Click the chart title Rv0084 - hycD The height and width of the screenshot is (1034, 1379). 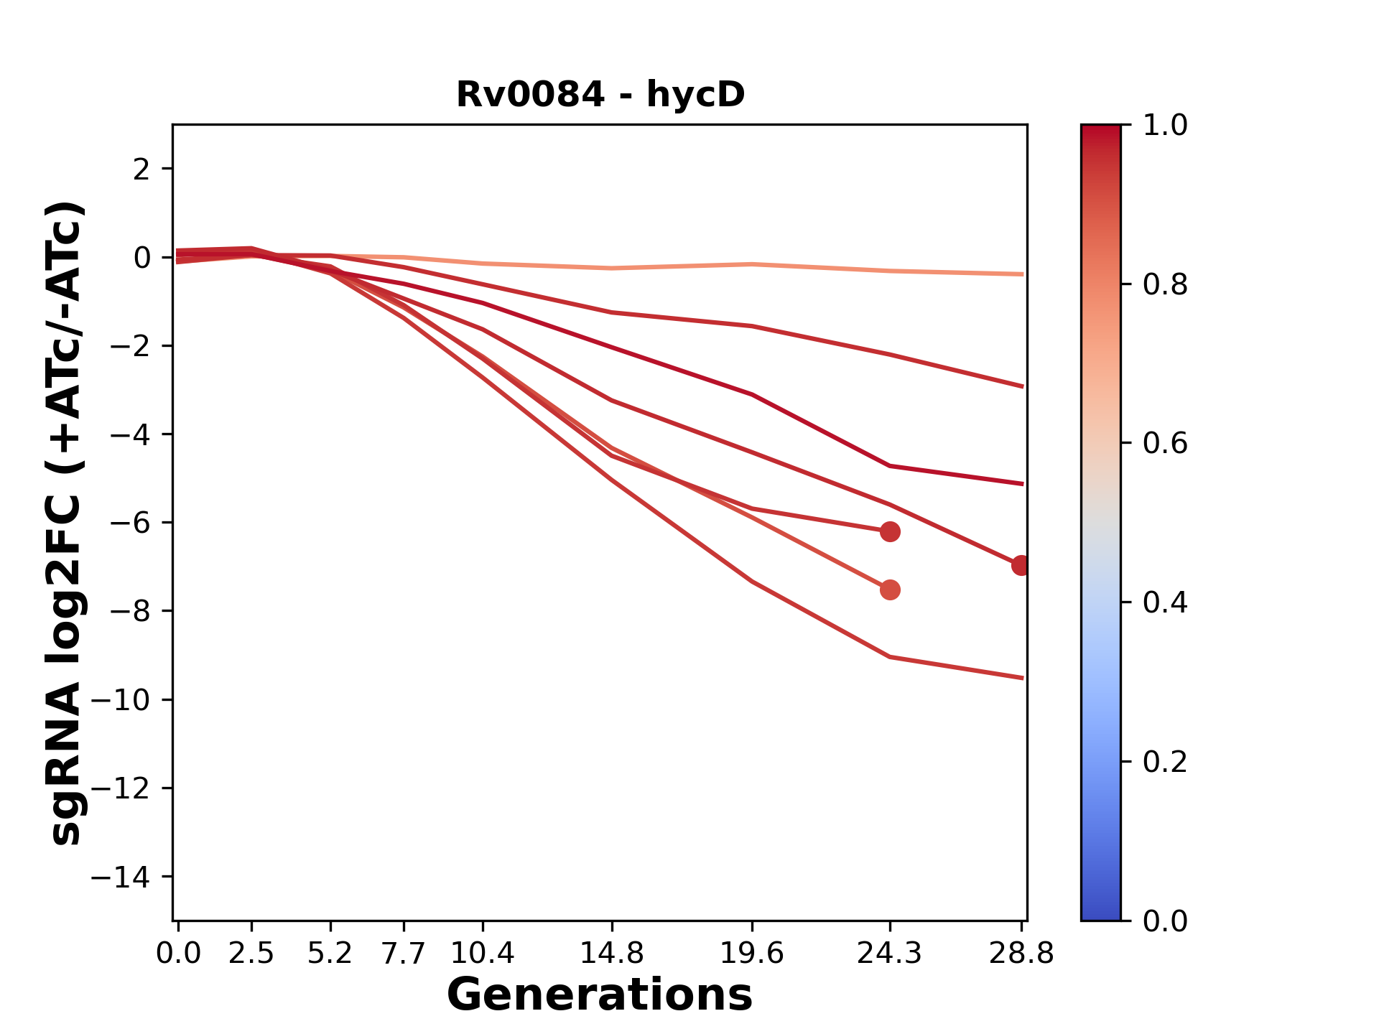pyautogui.click(x=600, y=94)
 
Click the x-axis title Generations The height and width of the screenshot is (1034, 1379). pyautogui.click(x=600, y=995)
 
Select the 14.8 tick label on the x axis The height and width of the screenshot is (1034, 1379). pyautogui.click(x=611, y=954)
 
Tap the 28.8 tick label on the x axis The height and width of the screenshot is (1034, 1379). pyautogui.click(x=1021, y=954)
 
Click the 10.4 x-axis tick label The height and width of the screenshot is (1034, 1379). pyautogui.click(x=482, y=954)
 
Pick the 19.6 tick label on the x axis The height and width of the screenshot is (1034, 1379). pyautogui.click(x=751, y=954)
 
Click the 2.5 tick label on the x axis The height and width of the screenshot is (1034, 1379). pyautogui.click(x=251, y=954)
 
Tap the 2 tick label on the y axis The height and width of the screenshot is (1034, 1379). pyautogui.click(x=141, y=169)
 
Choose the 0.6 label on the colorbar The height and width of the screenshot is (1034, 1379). pyautogui.click(x=1165, y=443)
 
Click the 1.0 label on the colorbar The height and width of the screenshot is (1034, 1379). pyautogui.click(x=1165, y=126)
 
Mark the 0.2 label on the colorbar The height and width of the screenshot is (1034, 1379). pyautogui.click(x=1165, y=761)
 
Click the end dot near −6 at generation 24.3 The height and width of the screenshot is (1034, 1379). pyautogui.click(x=890, y=532)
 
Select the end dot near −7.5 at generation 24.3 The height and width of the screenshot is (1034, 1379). pyautogui.click(x=890, y=590)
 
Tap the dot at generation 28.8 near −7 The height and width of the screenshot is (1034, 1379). pyautogui.click(x=1021, y=565)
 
